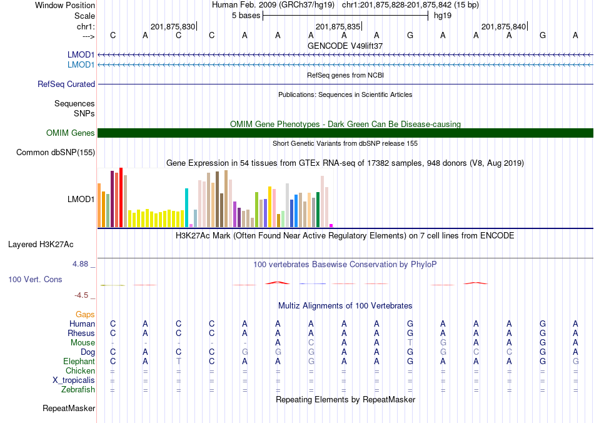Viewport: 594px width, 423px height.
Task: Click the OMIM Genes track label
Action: (x=70, y=133)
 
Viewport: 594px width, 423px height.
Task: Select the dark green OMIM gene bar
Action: (x=346, y=133)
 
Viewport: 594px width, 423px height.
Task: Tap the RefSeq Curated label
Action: (x=66, y=84)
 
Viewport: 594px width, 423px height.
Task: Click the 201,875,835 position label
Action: (x=338, y=26)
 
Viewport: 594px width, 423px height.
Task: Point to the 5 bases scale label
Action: (x=246, y=16)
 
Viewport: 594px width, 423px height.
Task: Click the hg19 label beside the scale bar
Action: (x=443, y=16)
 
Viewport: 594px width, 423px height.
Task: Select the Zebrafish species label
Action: (x=78, y=390)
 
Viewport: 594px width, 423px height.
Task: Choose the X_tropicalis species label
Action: (x=74, y=380)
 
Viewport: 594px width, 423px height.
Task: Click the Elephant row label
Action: (x=79, y=362)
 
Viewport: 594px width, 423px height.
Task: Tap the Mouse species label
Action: (x=83, y=343)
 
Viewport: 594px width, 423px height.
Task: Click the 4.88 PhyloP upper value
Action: (x=80, y=264)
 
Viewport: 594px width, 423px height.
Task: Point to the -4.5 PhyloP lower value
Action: (x=81, y=295)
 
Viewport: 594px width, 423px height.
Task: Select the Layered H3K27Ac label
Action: (x=41, y=245)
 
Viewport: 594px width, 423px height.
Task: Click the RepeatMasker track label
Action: (x=69, y=408)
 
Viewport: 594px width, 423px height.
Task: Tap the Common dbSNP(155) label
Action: (x=55, y=153)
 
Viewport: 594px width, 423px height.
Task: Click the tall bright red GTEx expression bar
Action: (x=121, y=198)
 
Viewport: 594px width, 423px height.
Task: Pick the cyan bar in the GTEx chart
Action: (x=186, y=208)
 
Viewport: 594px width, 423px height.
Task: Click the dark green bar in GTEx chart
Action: (x=318, y=210)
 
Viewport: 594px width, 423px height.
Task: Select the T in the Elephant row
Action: (x=178, y=362)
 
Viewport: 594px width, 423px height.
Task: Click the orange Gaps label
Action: (x=85, y=315)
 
